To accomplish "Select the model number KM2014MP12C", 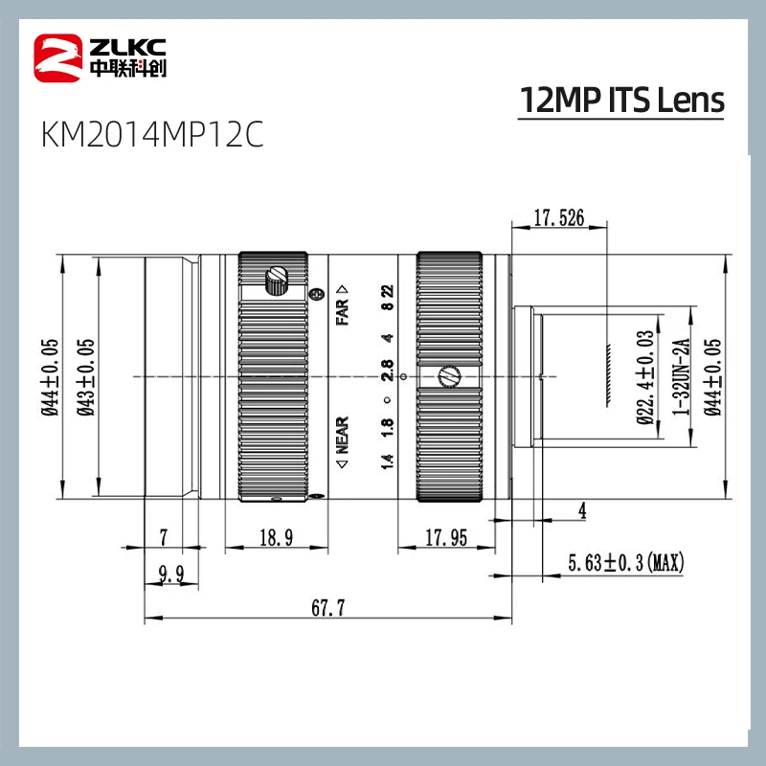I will coord(151,135).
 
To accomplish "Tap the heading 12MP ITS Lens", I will coord(620,100).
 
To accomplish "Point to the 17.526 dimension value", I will coord(558,218).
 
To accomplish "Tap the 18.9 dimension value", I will coord(276,539).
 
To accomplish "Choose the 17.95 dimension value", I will coord(445,539).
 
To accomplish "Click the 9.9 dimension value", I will coord(173,574).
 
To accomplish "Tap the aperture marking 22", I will coord(387,292).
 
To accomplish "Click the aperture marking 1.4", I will coord(387,462).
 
